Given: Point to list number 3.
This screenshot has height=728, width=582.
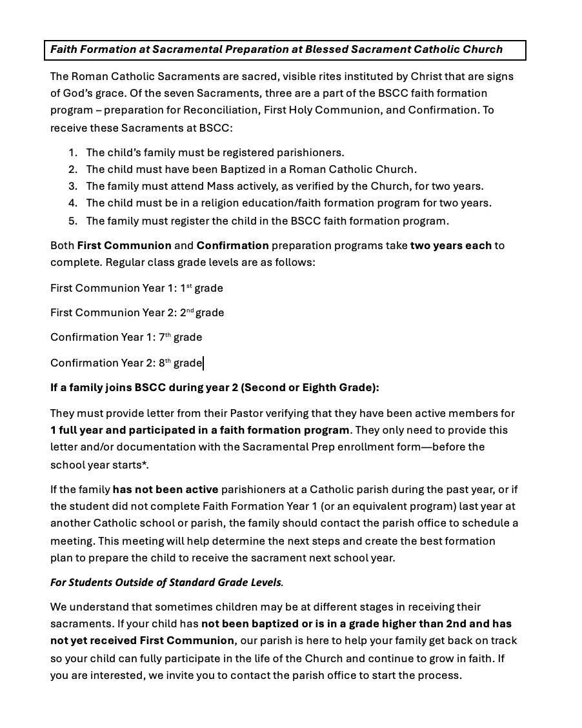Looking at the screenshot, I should tap(73, 186).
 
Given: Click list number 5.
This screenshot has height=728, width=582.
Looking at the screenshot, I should tap(73, 221).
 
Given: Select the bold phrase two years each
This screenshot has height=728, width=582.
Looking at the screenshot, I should tap(450, 245).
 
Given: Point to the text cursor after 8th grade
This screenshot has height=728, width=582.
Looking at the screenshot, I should tap(203, 363).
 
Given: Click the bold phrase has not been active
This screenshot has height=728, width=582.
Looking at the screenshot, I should tap(165, 489).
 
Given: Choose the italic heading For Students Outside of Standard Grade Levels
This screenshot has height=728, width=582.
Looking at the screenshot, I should tap(166, 582).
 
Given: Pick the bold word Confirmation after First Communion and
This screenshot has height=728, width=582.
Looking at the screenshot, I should tap(232, 245).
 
